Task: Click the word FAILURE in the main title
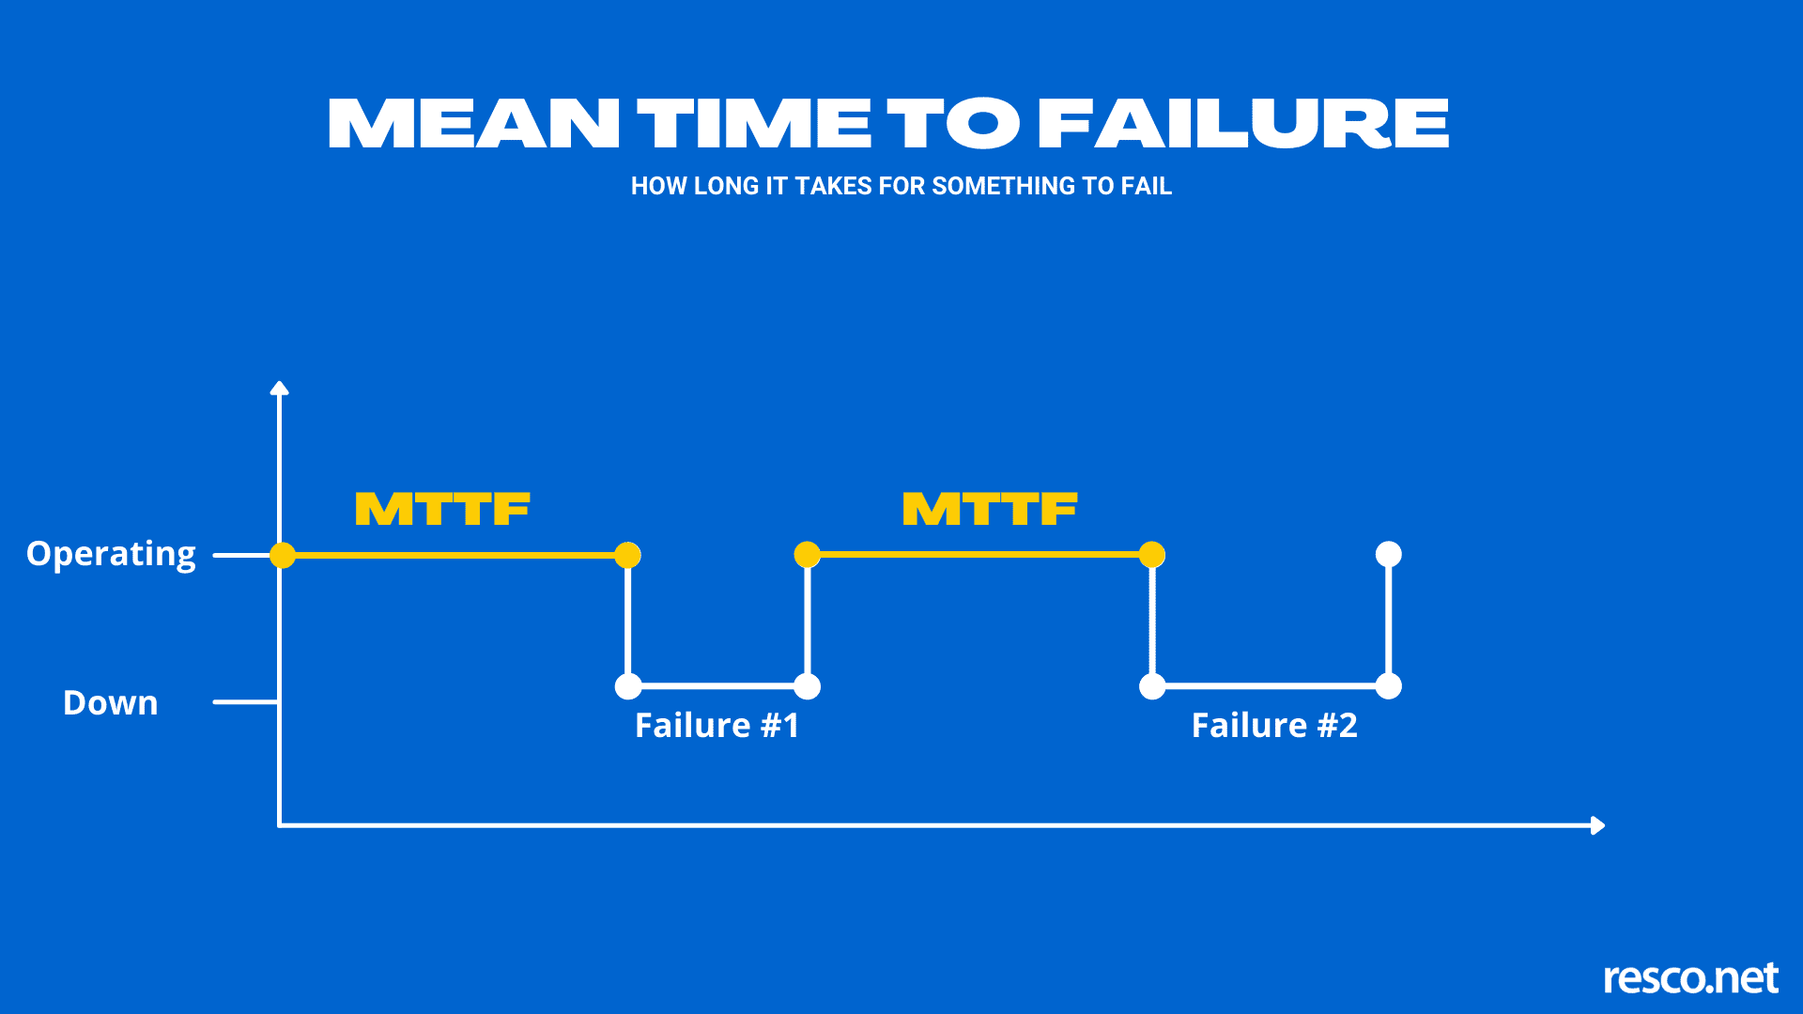pos(1243,125)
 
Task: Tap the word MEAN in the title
pos(473,125)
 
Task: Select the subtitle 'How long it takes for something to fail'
pos(901,186)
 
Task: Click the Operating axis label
pos(111,554)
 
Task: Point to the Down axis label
pos(110,703)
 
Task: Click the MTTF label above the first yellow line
pos(442,510)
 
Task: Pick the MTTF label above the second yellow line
pos(990,510)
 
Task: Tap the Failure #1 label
pos(717,726)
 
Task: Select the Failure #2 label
pos(1274,726)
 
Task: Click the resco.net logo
pos(1690,978)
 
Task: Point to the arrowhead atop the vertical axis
pos(279,388)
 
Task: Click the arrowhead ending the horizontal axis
pos(1597,825)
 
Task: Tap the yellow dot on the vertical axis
pos(283,555)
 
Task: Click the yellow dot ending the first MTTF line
pos(627,555)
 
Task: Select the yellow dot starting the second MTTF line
pos(807,555)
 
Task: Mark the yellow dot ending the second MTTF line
pos(1152,555)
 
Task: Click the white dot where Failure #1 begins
pos(628,686)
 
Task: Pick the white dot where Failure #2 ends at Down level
pos(1388,686)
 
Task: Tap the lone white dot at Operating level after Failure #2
pos(1388,554)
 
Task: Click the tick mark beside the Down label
pos(244,701)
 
